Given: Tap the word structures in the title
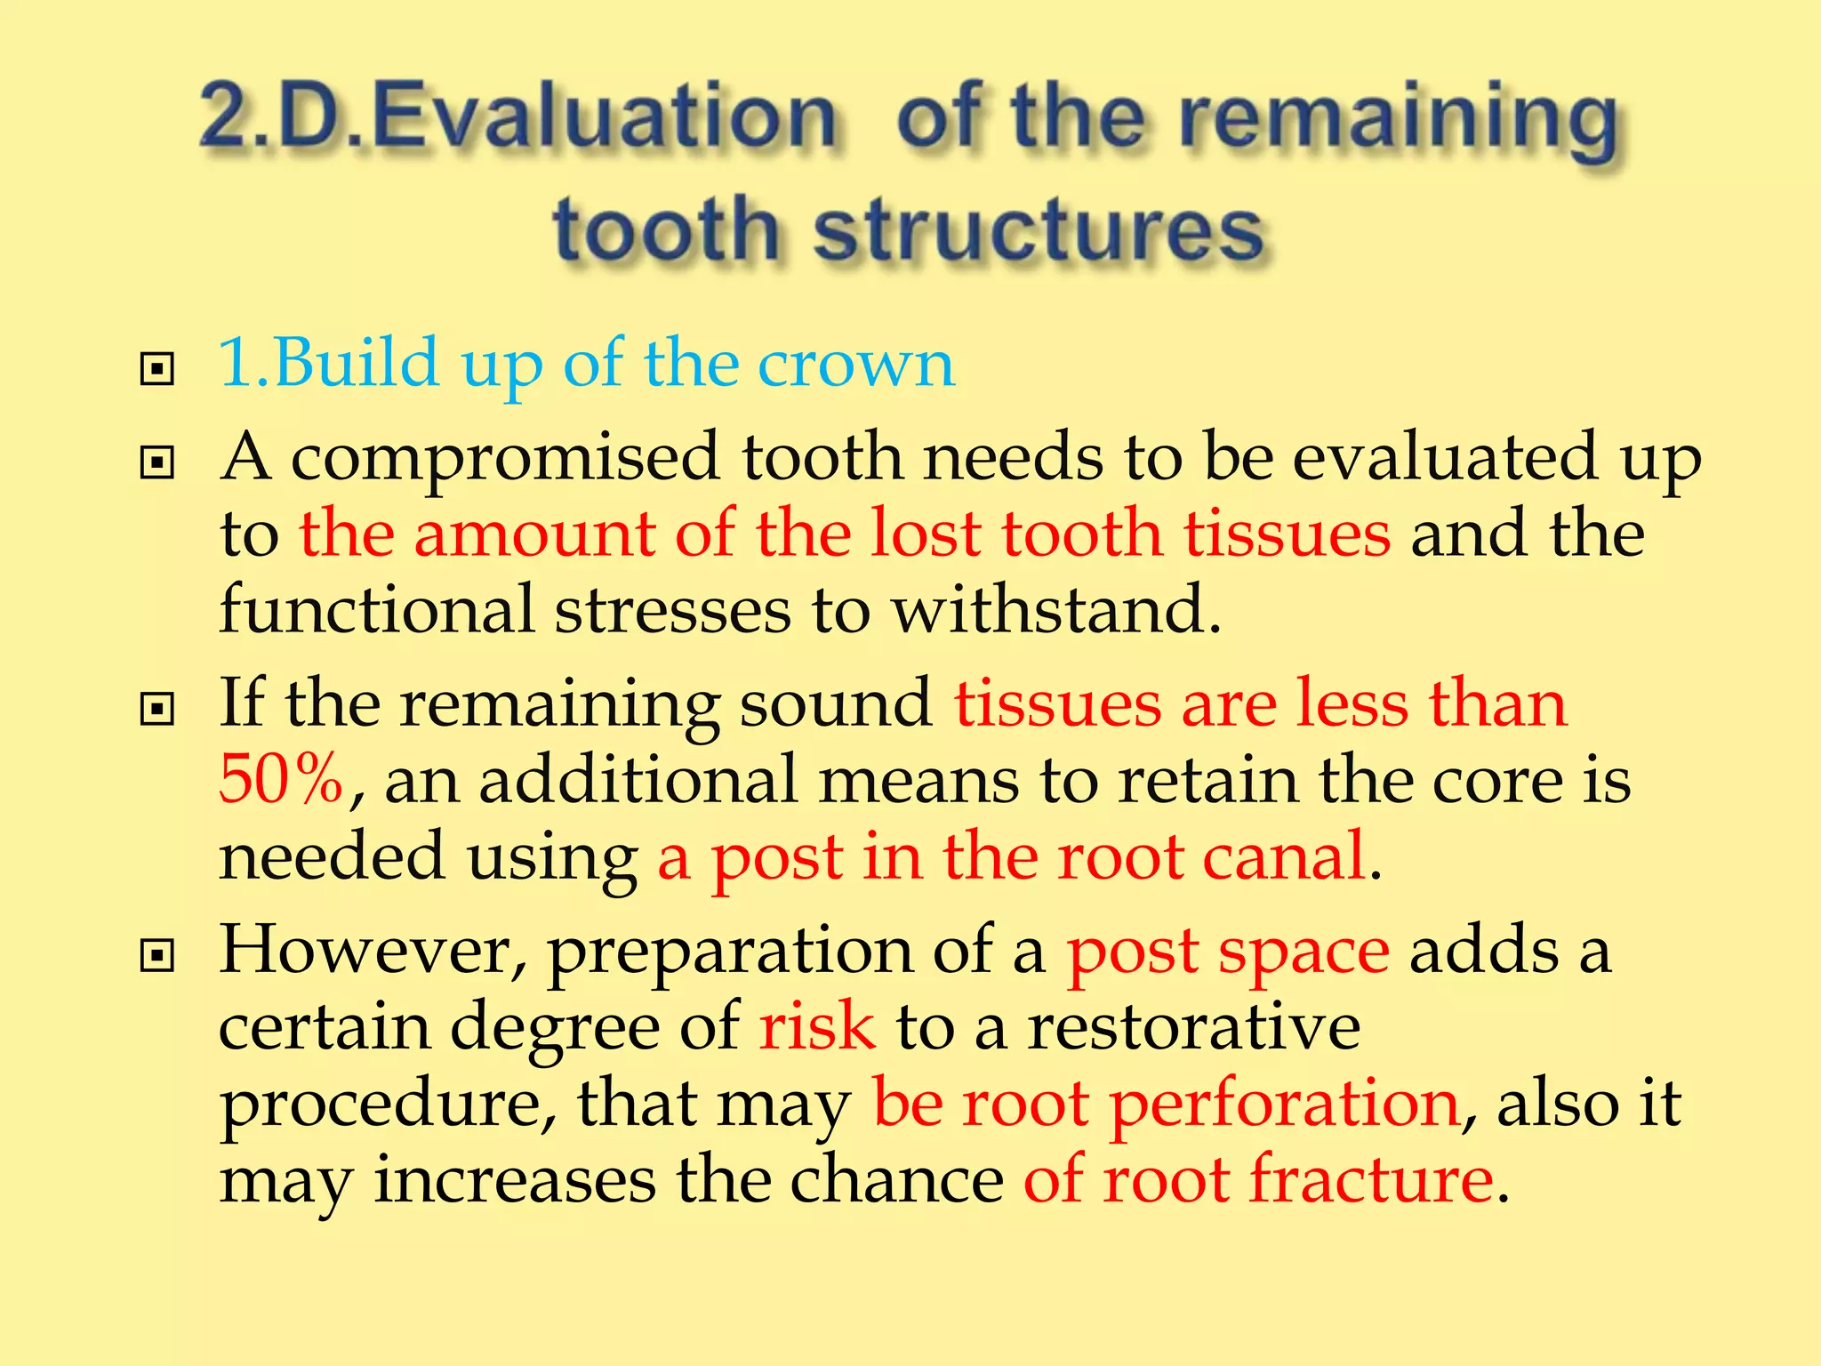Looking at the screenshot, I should (1039, 229).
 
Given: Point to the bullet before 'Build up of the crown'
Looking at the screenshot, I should (157, 368).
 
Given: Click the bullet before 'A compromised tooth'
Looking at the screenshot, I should (157, 462).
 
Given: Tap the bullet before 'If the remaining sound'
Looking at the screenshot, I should (157, 709).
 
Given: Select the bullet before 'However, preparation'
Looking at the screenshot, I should (157, 956).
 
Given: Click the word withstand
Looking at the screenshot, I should (1056, 610).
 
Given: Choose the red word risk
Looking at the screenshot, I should (817, 1025).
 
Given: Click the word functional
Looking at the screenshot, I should (376, 610).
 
